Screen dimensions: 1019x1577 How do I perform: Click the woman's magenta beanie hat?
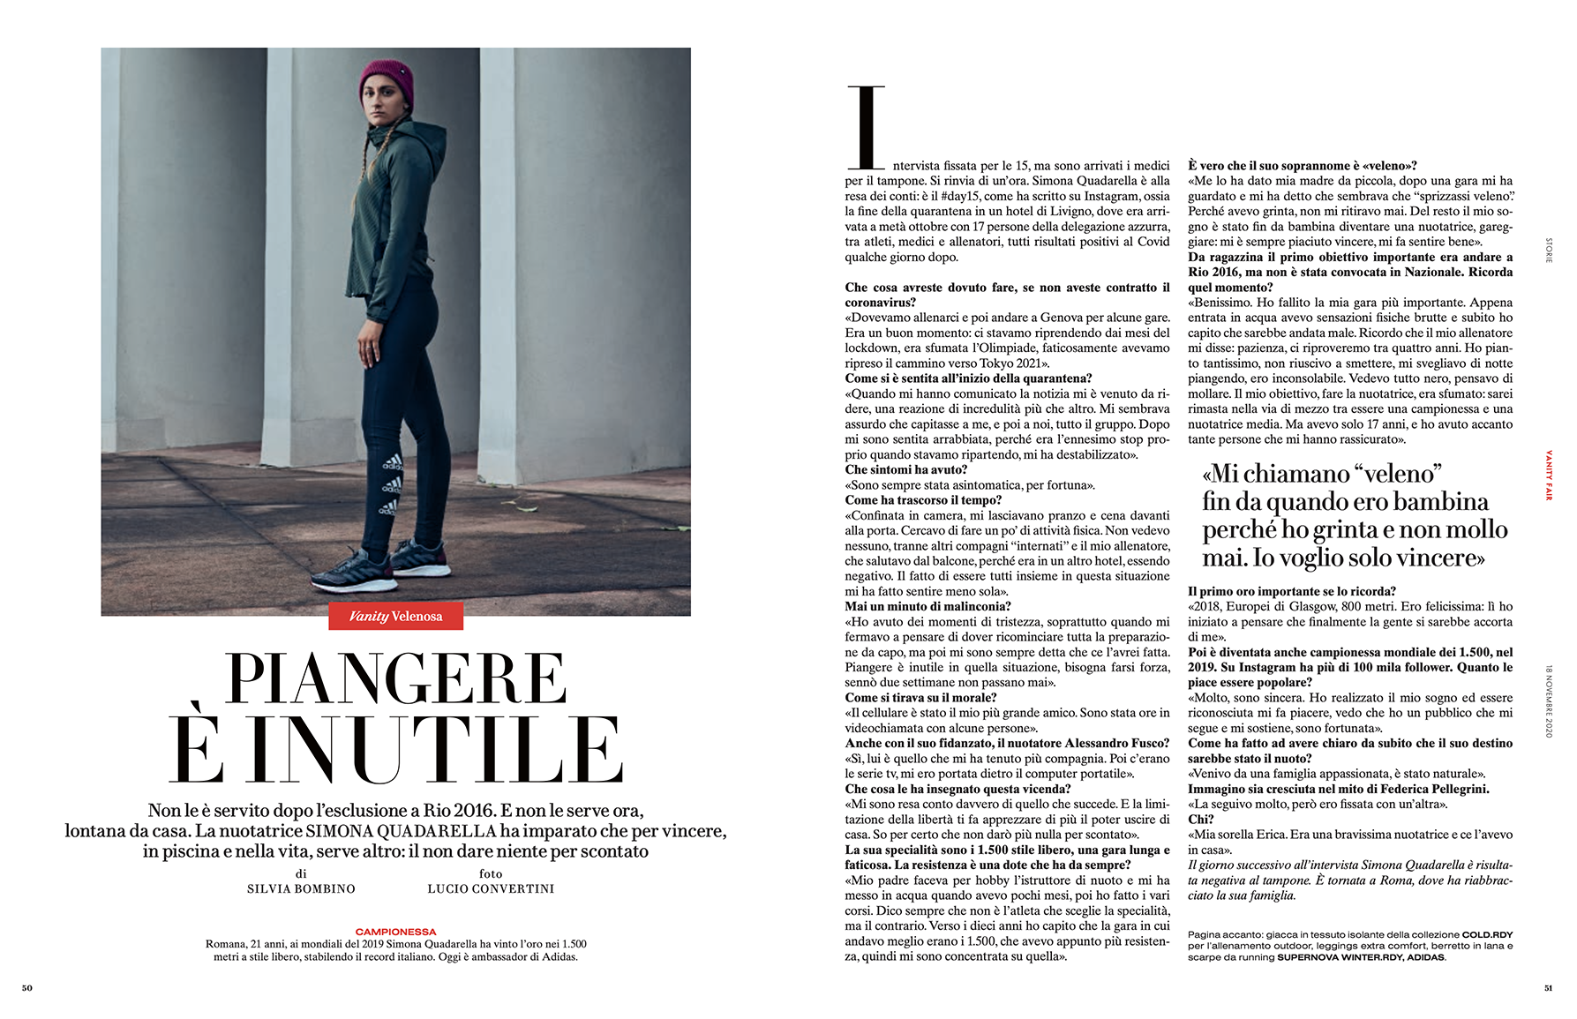387,82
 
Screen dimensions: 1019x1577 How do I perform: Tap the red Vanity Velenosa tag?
395,616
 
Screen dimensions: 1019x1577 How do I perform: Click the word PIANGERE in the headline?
395,679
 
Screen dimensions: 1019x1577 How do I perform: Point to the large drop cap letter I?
866,127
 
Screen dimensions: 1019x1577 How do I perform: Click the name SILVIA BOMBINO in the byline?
301,889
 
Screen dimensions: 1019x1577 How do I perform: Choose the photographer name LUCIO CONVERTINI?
491,889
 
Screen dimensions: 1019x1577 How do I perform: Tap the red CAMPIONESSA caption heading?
395,932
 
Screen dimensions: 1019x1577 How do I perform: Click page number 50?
27,988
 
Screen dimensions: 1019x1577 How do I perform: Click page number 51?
1548,988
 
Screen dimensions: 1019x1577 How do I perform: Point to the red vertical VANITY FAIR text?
1549,476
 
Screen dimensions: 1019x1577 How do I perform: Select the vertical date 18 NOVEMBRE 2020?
1549,701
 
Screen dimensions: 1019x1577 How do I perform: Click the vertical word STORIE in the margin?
1549,251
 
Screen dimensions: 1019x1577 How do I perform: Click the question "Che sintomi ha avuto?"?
906,470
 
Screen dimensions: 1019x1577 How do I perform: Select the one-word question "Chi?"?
1201,820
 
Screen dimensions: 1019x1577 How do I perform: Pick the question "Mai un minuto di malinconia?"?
927,607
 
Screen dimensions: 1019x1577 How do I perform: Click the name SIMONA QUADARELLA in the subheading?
402,831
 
